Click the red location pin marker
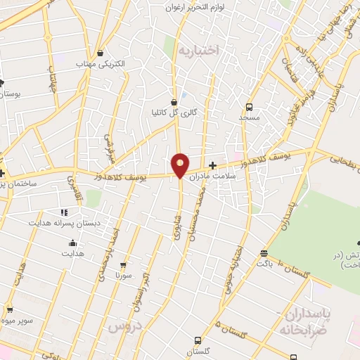(x=180, y=165)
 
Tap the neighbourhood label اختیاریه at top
(x=198, y=50)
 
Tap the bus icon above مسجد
(x=249, y=107)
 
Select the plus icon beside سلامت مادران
(x=213, y=165)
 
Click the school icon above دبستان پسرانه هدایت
(x=63, y=212)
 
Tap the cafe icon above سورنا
(x=124, y=266)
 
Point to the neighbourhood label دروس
(x=125, y=327)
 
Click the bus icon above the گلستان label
(x=198, y=340)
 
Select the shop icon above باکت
(x=264, y=254)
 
